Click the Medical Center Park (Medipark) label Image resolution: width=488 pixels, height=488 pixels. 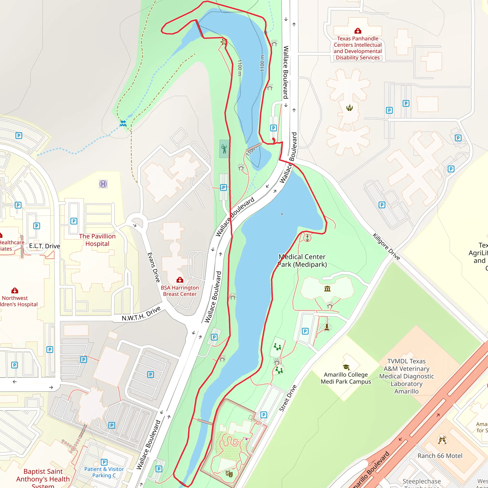(x=302, y=261)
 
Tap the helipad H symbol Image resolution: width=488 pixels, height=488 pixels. (x=103, y=184)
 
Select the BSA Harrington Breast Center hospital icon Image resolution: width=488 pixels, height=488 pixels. (x=180, y=280)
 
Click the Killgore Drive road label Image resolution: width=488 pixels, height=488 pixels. (x=386, y=247)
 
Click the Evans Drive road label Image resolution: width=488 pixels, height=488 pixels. (x=154, y=267)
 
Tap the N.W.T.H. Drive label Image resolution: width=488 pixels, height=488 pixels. (x=141, y=314)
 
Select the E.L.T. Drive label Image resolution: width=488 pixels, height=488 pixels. (x=45, y=246)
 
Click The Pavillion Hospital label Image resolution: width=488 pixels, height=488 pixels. (x=97, y=240)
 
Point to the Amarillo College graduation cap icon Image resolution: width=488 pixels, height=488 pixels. (x=346, y=367)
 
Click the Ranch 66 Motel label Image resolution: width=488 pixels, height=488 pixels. (x=440, y=456)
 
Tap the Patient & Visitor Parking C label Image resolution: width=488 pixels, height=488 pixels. (x=104, y=472)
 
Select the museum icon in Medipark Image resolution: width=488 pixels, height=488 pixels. (x=327, y=289)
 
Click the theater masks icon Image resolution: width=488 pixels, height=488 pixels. (x=229, y=474)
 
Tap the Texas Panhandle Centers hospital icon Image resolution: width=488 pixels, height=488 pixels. (x=358, y=31)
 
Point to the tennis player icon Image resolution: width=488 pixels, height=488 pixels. (x=224, y=149)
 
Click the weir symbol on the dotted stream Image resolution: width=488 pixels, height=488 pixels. (x=123, y=123)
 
